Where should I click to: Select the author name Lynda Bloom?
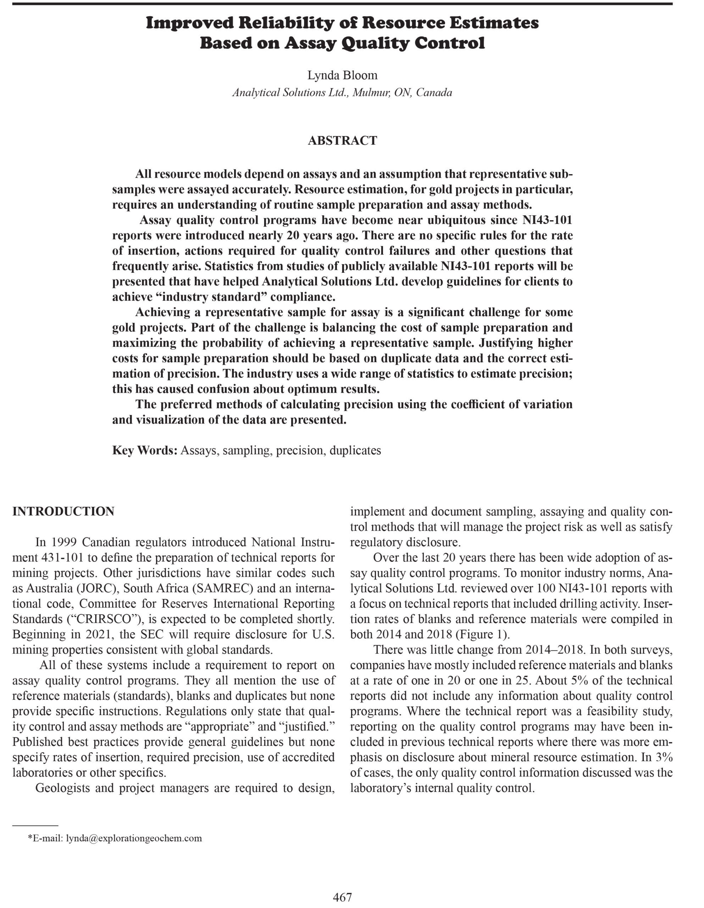coord(342,75)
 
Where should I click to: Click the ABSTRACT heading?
coord(342,140)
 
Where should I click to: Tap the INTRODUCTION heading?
coord(63,511)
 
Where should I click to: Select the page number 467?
coord(342,897)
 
